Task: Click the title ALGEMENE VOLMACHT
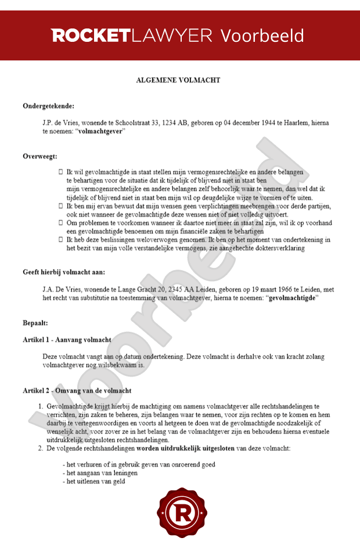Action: pyautogui.click(x=179, y=80)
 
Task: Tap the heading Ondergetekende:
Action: pyautogui.click(x=49, y=106)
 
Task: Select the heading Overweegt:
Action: pyautogui.click(x=39, y=156)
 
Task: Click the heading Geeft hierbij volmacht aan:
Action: pyautogui.click(x=64, y=272)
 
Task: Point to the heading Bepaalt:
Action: pyautogui.click(x=35, y=322)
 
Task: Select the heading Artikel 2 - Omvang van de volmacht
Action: pyautogui.click(x=77, y=390)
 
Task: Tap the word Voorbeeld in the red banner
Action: pyautogui.click(x=262, y=35)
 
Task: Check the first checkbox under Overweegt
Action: pyautogui.click(x=61, y=173)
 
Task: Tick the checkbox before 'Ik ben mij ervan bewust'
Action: pyautogui.click(x=61, y=206)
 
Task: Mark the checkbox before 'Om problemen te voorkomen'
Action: pyautogui.click(x=61, y=223)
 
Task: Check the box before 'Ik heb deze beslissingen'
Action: pyautogui.click(x=61, y=240)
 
